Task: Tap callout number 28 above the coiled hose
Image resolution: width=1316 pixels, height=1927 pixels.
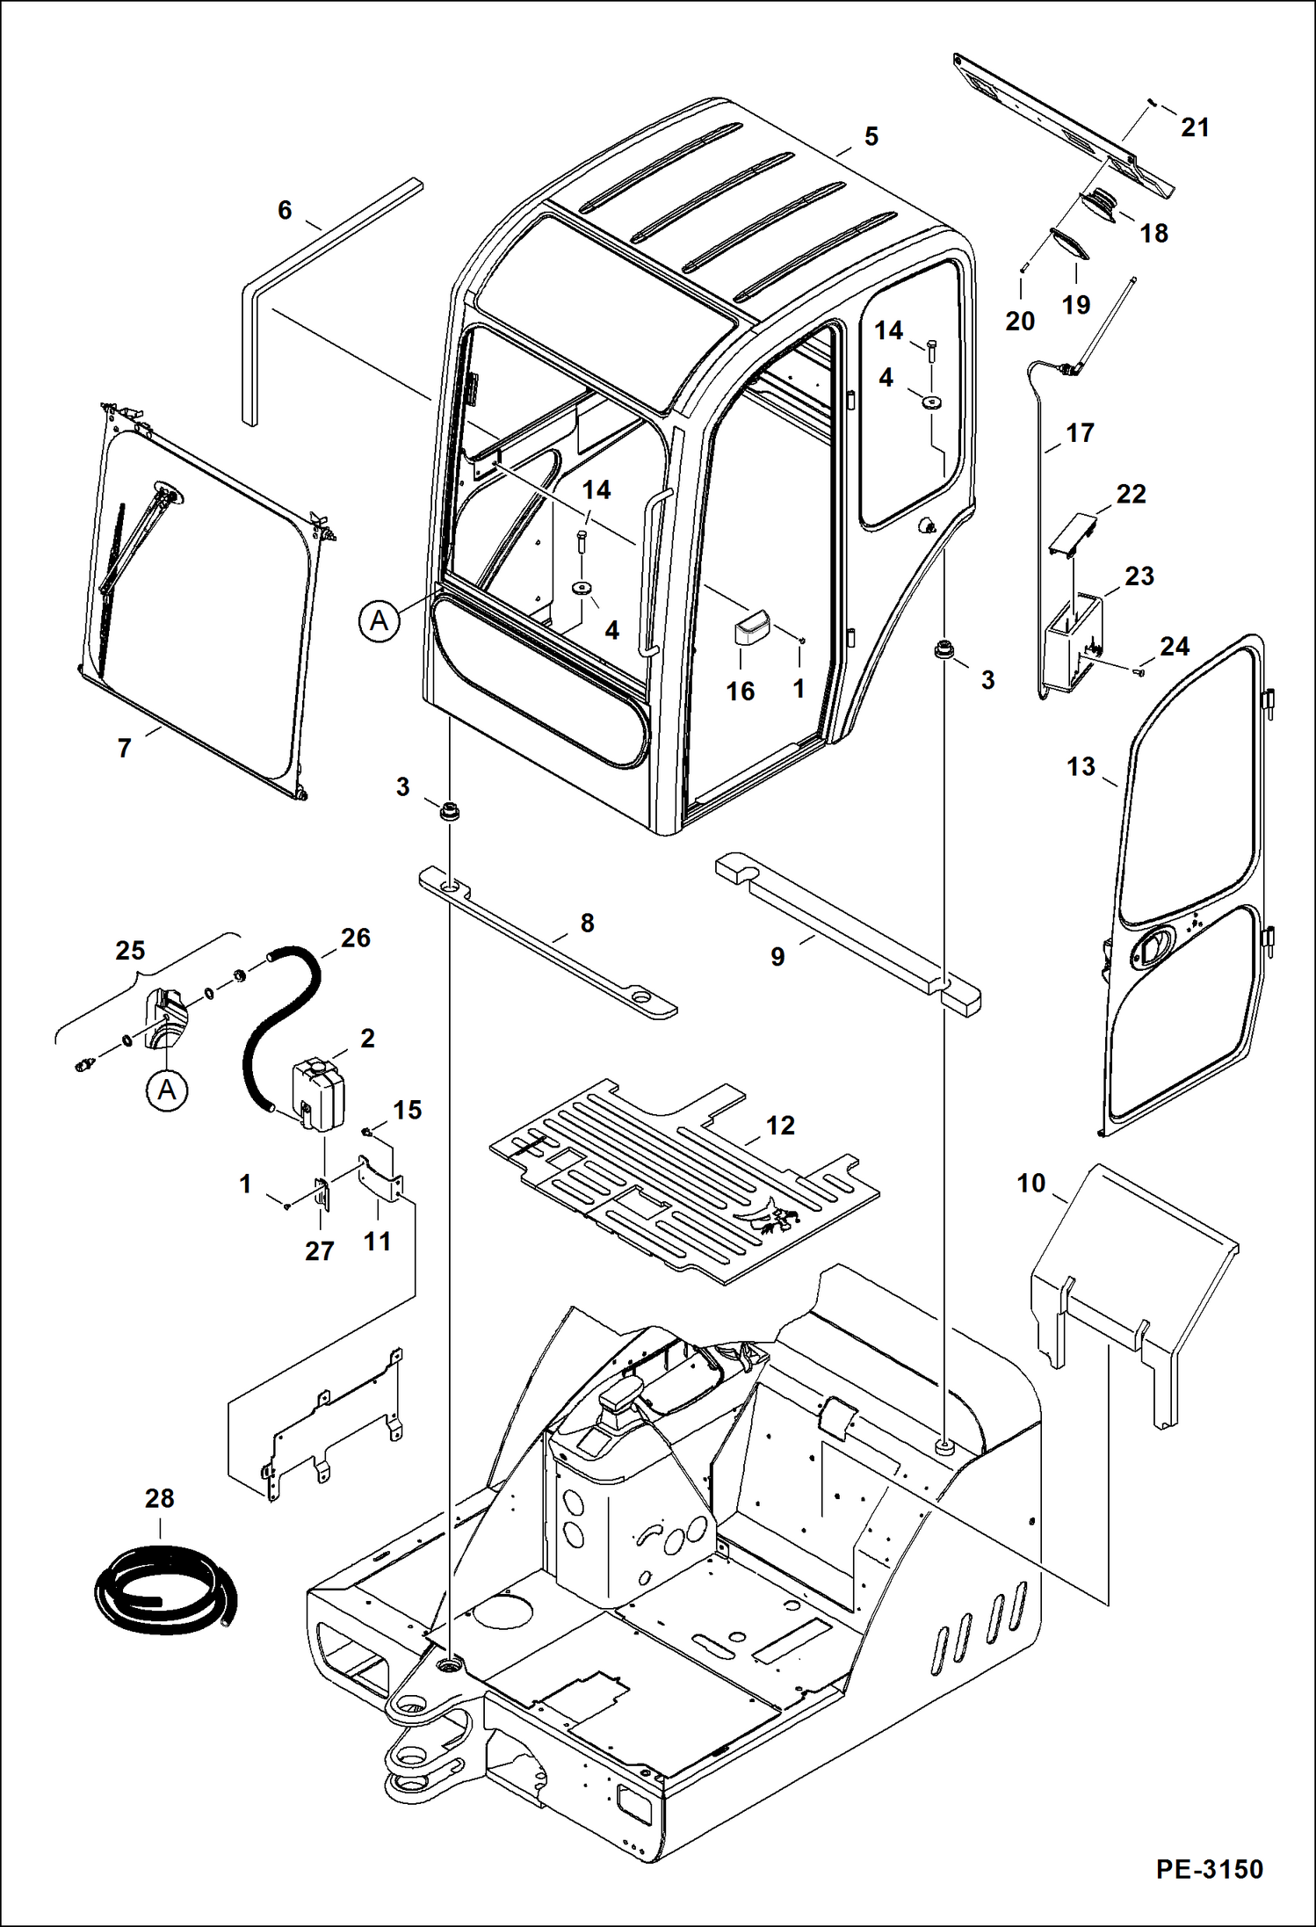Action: pyautogui.click(x=160, y=1498)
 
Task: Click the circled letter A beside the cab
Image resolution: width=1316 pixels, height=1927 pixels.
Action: pyautogui.click(x=379, y=621)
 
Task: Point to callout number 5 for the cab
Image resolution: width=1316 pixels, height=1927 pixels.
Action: pyautogui.click(x=871, y=136)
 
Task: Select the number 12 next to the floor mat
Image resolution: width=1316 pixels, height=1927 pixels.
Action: pyautogui.click(x=779, y=1126)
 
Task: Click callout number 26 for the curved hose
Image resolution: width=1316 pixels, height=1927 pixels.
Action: pyautogui.click(x=355, y=938)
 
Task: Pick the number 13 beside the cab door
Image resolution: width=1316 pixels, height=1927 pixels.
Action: pyautogui.click(x=1081, y=766)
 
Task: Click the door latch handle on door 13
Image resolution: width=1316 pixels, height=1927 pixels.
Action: pyautogui.click(x=1152, y=947)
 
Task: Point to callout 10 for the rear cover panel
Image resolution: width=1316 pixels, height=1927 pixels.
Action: pyautogui.click(x=1031, y=1184)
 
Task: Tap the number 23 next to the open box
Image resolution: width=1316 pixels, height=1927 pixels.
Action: pyautogui.click(x=1139, y=576)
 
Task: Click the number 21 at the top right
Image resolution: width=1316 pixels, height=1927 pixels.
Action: pyautogui.click(x=1195, y=127)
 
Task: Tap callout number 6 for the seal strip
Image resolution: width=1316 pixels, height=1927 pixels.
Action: pyautogui.click(x=285, y=210)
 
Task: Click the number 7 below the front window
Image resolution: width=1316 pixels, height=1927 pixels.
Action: pyautogui.click(x=125, y=748)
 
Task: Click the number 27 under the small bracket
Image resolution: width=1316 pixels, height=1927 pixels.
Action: pyautogui.click(x=319, y=1250)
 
